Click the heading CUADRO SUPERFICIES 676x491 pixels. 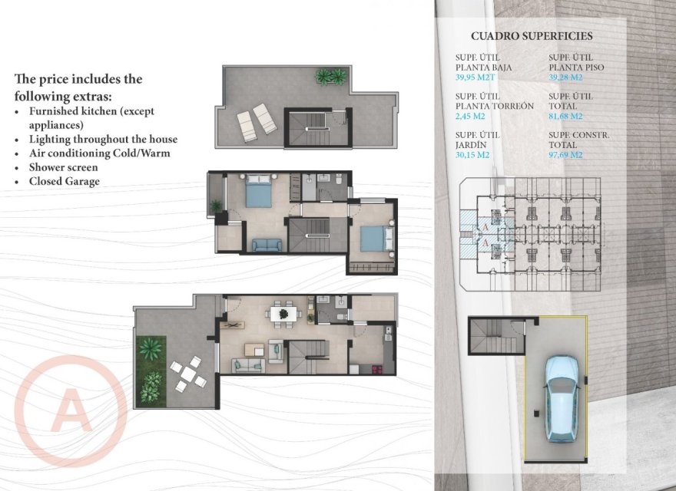pyautogui.click(x=532, y=36)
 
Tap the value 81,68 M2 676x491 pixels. pyautogui.click(x=566, y=117)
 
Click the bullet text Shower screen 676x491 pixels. pyautogui.click(x=63, y=167)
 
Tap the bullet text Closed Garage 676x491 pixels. pyautogui.click(x=65, y=181)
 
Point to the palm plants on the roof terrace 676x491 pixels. pyautogui.click(x=331, y=77)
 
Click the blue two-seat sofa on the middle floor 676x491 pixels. pyautogui.click(x=267, y=245)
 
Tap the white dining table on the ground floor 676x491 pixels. pyautogui.click(x=283, y=313)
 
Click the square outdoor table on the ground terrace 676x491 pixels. pyautogui.click(x=188, y=374)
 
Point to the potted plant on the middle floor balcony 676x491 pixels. pyautogui.click(x=216, y=206)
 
